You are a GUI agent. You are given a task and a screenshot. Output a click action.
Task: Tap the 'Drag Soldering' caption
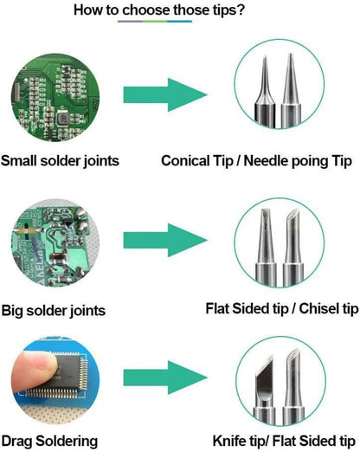[x=48, y=441]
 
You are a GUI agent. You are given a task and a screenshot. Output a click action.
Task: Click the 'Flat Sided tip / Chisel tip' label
[x=282, y=308]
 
